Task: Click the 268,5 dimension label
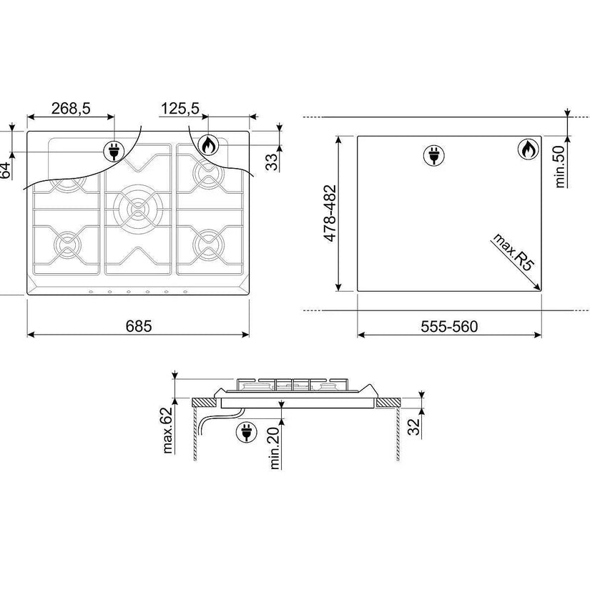[x=71, y=109]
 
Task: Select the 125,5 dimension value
[x=180, y=109]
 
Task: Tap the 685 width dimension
[x=139, y=326]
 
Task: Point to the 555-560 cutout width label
[x=449, y=326]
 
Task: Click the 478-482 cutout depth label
[x=330, y=213]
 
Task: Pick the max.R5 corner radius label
[x=513, y=252]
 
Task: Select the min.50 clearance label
[x=560, y=167]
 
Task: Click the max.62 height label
[x=167, y=430]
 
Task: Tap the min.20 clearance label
[x=275, y=448]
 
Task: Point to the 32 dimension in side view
[x=414, y=427]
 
